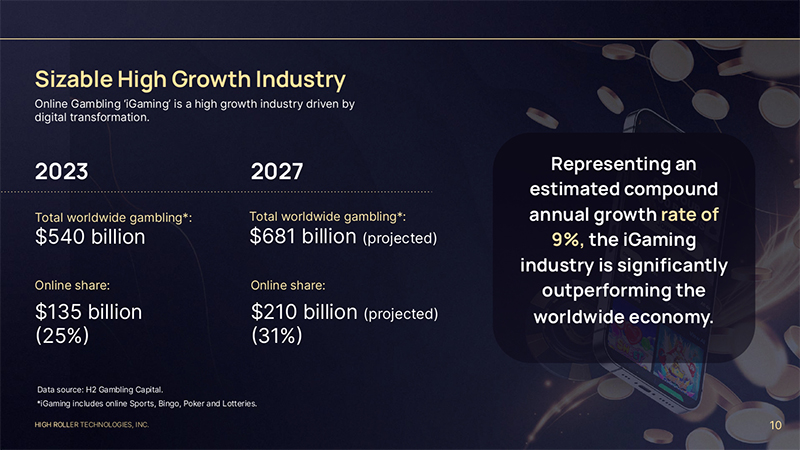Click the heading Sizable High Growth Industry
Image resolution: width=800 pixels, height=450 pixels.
click(190, 79)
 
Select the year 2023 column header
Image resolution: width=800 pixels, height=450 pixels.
click(61, 171)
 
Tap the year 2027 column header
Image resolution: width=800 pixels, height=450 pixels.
click(277, 171)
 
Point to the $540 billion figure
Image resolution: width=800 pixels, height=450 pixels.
click(90, 237)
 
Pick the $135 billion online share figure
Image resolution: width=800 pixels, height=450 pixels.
click(88, 312)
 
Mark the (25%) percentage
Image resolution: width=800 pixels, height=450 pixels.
click(62, 336)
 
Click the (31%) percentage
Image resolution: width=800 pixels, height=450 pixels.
click(276, 336)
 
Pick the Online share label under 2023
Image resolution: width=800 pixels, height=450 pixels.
click(72, 286)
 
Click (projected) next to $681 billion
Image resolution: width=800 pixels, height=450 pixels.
click(401, 239)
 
